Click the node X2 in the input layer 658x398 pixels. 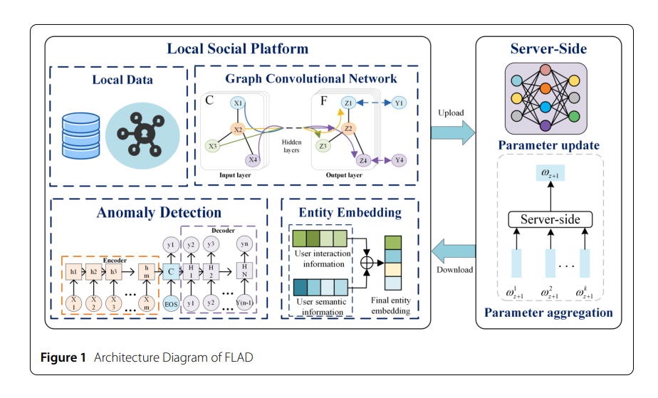tap(239, 130)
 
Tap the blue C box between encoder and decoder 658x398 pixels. tap(171, 271)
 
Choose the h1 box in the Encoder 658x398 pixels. tap(73, 272)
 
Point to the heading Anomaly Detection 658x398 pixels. tap(159, 212)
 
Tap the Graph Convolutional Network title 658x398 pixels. tap(311, 78)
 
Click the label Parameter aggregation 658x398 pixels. tap(548, 312)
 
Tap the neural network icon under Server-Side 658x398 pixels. tap(545, 98)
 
